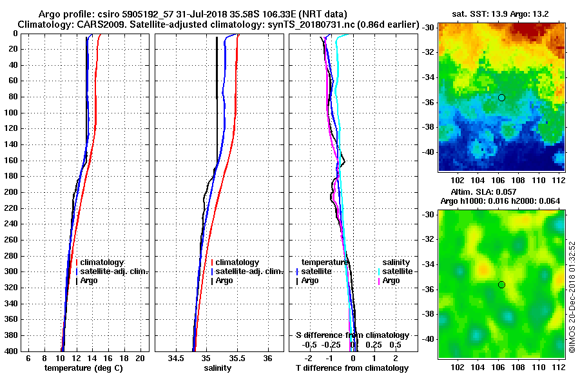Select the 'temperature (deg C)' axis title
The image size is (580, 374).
point(83,368)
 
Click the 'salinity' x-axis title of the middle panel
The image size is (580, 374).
point(218,368)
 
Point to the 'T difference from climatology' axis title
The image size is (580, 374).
point(353,368)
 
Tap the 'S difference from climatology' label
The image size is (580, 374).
point(352,335)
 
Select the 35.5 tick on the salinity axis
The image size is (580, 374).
point(237,358)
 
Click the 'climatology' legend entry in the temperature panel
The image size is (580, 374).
point(102,262)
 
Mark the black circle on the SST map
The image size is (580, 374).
point(501,97)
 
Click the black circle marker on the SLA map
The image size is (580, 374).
point(501,284)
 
